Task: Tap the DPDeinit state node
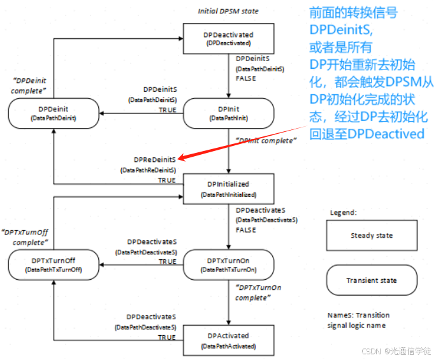53,113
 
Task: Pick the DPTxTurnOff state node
53,264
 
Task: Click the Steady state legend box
371,235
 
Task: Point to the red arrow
242,141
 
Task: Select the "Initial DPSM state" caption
228,11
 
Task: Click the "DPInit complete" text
265,140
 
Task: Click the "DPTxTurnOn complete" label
258,292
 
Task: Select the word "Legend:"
344,212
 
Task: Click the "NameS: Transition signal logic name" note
358,320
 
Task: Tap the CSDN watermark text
395,351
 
